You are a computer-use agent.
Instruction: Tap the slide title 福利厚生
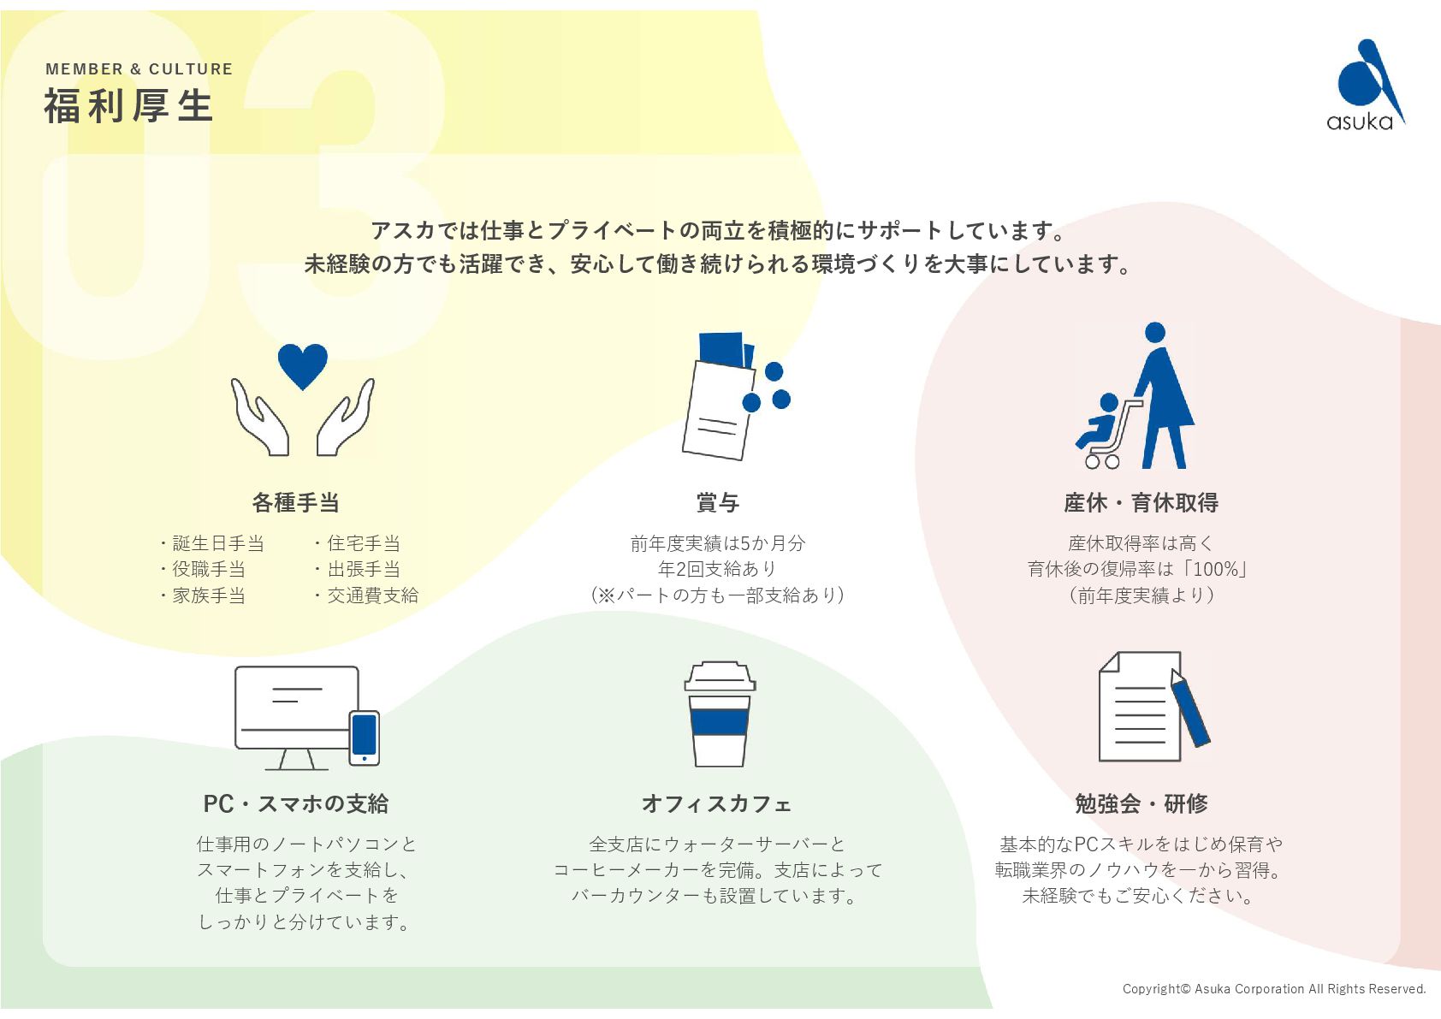click(128, 106)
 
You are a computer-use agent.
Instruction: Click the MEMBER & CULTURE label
click(139, 69)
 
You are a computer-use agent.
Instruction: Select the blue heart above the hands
click(302, 365)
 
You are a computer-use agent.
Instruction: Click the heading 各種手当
click(295, 503)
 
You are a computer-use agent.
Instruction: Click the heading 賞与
click(717, 503)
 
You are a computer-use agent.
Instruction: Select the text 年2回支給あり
click(717, 569)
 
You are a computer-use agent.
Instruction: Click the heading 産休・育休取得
click(1141, 503)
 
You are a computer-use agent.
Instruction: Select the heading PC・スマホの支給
click(295, 804)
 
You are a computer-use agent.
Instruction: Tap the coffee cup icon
click(720, 714)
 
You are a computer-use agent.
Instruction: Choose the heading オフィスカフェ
click(717, 804)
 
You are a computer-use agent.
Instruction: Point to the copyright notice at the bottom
click(1274, 989)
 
